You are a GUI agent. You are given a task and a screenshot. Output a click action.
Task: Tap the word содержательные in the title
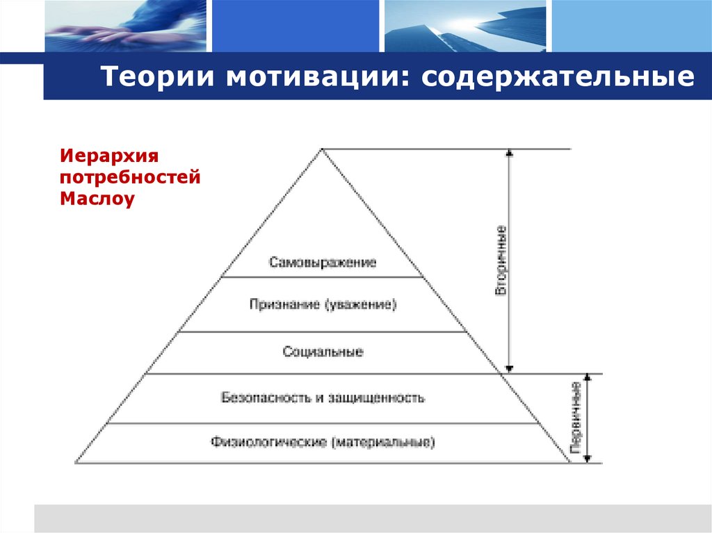coord(556,77)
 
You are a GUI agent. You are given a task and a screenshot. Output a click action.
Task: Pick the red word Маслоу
coord(97,199)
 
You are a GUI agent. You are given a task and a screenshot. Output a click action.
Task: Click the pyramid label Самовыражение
coord(322,263)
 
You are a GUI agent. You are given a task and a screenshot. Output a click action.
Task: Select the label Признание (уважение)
coord(322,304)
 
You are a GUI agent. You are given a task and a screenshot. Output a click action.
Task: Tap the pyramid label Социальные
coord(323,352)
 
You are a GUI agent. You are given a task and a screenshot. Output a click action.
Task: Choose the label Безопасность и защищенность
coord(323,398)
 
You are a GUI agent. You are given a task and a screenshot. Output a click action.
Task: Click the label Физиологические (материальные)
coord(323,442)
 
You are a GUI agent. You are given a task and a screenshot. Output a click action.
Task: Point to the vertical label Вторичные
coord(501,261)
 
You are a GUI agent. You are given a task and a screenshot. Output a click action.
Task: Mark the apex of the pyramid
coord(322,149)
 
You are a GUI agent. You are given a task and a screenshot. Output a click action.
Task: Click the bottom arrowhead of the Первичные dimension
coord(588,459)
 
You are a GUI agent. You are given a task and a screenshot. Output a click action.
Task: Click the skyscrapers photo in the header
coord(466,26)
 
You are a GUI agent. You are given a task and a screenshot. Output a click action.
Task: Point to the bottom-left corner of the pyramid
coord(76,462)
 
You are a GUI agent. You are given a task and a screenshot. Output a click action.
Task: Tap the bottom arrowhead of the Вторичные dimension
coord(510,369)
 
